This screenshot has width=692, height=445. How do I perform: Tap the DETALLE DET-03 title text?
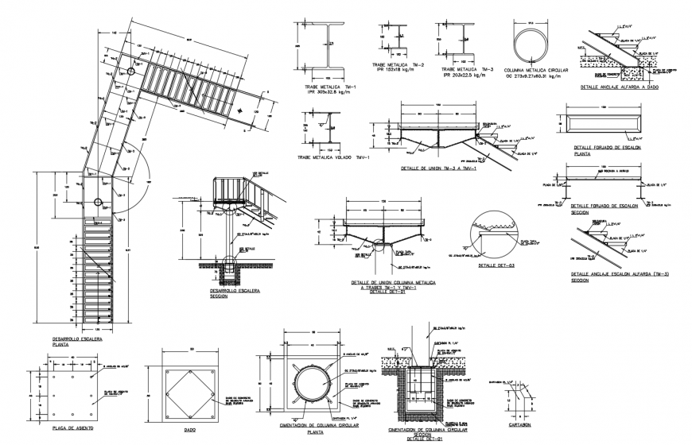[494, 265]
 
